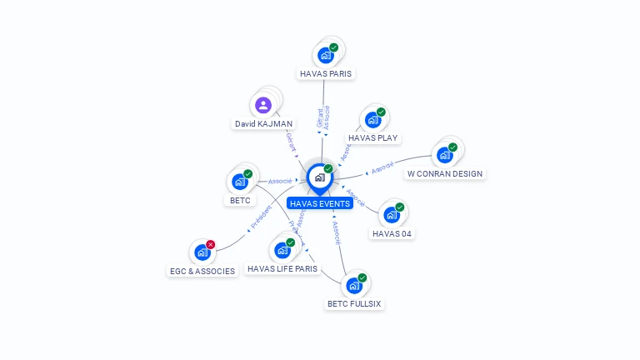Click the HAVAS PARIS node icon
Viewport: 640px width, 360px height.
point(325,55)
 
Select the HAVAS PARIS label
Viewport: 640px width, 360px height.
point(326,73)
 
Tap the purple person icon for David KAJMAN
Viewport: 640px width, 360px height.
point(262,105)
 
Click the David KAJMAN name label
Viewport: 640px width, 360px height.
point(262,123)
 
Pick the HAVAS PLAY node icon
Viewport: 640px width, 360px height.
point(372,119)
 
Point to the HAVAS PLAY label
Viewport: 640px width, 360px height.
point(372,137)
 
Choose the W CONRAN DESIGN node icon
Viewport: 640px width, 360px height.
point(444,155)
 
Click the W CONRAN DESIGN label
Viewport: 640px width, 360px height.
point(444,173)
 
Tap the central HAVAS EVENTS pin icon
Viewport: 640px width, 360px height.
point(319,177)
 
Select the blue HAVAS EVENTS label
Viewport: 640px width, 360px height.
point(319,203)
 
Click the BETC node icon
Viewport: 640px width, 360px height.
point(240,182)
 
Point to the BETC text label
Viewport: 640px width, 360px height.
point(240,200)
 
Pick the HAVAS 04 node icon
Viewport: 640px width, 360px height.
point(391,215)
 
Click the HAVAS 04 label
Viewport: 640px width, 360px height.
point(392,233)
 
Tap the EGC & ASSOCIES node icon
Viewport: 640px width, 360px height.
point(202,252)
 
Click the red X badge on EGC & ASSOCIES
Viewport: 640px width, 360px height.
point(210,244)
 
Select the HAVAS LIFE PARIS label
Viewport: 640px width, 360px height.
point(282,268)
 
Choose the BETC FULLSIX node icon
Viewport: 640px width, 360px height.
point(353,286)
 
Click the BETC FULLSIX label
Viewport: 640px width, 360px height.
point(354,303)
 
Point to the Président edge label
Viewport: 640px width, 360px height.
point(260,217)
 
